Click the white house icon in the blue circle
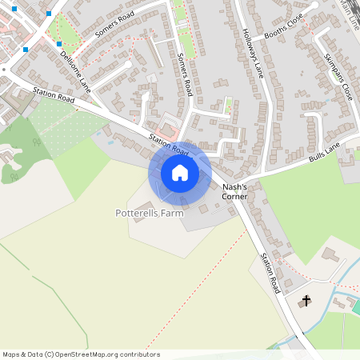point(180,173)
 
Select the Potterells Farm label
point(150,214)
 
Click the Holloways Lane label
point(253,53)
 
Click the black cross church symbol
point(305,302)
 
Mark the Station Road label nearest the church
point(269,273)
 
